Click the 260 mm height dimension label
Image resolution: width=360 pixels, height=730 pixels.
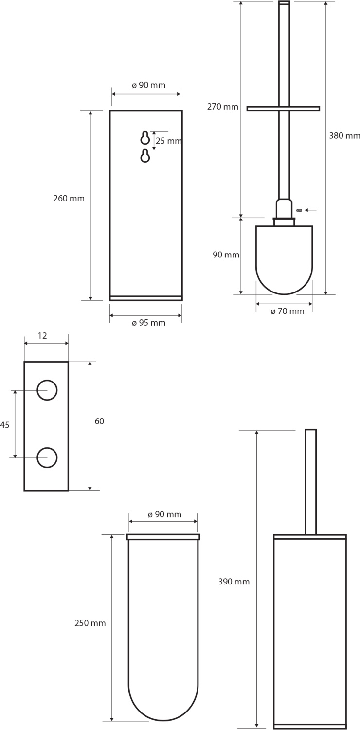[x=69, y=199]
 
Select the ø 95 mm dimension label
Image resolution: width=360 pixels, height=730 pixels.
[x=148, y=323]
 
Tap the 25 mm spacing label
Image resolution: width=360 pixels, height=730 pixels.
[x=169, y=141]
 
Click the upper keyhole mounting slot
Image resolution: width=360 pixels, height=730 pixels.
[x=145, y=138]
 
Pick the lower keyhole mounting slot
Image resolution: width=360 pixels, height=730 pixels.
[x=145, y=156]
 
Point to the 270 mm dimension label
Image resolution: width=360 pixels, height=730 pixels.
[x=223, y=107]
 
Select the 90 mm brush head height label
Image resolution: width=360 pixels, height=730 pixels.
[x=226, y=255]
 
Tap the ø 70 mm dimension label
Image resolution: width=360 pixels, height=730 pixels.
[x=288, y=311]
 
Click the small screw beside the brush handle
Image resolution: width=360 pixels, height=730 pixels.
[x=299, y=210]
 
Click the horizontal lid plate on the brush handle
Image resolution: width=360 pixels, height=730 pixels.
[x=283, y=109]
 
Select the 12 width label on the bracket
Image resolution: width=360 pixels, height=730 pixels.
[x=42, y=336]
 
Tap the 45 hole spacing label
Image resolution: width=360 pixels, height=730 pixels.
[x=5, y=425]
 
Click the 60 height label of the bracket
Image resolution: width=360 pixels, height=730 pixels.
[x=99, y=421]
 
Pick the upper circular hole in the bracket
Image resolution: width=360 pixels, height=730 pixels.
[x=47, y=390]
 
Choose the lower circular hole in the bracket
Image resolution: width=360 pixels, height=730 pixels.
[x=47, y=457]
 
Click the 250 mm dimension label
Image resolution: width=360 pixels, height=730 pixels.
[x=90, y=623]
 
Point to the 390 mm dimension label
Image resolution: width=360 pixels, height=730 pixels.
[x=234, y=582]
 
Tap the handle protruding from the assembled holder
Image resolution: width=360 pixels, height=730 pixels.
[x=310, y=482]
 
